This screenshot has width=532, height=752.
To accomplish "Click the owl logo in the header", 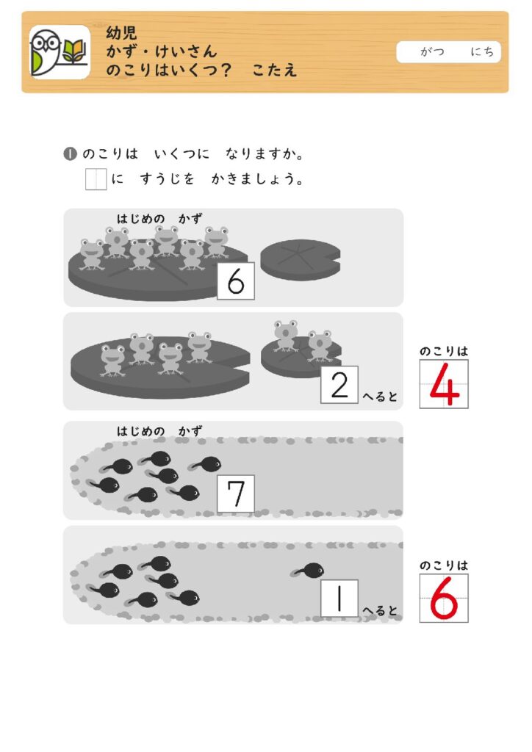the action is coord(60,52).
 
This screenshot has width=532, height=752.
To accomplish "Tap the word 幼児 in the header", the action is coord(122,33).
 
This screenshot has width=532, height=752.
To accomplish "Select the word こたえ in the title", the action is coord(274,70).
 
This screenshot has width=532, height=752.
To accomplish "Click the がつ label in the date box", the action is coord(432,52).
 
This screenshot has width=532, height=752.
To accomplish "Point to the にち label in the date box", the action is coord(482,52).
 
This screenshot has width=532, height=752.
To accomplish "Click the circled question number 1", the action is coord(70,154).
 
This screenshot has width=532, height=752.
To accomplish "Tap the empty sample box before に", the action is coord(96,179).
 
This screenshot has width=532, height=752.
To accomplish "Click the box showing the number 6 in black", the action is coord(236,281).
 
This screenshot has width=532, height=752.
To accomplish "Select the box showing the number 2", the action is coord(339,385).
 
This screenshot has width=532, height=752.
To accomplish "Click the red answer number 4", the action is coord(445,384).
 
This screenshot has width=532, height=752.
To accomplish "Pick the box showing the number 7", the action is coord(236,493).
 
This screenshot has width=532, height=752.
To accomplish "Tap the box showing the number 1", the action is coord(339,598).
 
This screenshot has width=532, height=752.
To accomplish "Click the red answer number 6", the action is coord(445,599).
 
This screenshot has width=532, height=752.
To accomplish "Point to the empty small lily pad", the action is coord(301,259).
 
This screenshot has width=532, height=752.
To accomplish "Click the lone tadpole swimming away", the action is coord(307,570).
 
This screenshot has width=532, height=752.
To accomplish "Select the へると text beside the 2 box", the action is coord(380,397).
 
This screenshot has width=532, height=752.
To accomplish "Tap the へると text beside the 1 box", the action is coord(380,610).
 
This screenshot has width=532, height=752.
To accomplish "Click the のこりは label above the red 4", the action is coord(444,352).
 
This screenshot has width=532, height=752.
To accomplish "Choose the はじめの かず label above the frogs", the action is coord(159,219).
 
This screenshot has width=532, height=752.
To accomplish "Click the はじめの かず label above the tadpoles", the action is coord(159,431).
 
